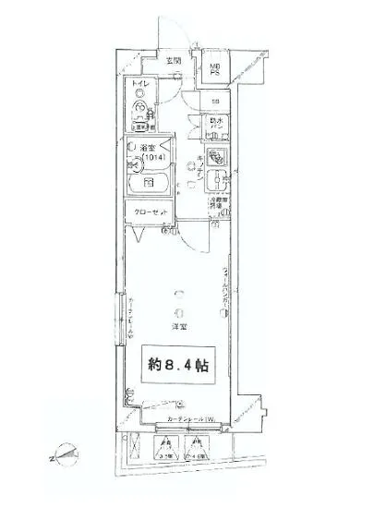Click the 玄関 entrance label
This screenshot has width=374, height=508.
pos(172,62)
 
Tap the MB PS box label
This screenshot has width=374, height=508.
pos(213,69)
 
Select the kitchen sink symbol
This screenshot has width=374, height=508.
pos(214,180)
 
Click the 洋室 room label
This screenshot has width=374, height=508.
pos(175,326)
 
